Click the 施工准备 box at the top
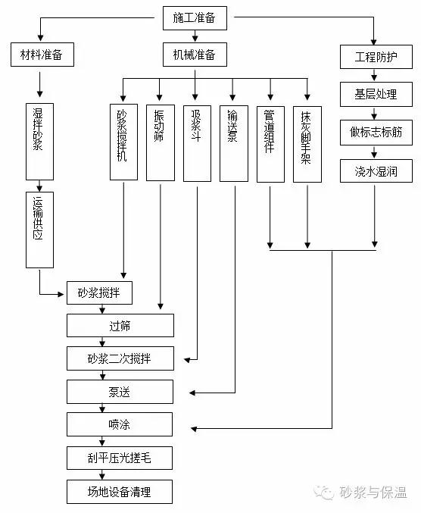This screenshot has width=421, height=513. [x=195, y=18]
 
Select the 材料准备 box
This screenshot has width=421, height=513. [x=42, y=55]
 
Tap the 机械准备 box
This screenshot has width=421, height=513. [x=195, y=55]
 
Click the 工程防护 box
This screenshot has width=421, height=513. [x=376, y=57]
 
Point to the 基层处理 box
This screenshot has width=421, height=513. [x=376, y=94]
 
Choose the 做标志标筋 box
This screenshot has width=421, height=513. [x=376, y=132]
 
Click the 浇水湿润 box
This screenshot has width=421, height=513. [x=376, y=170]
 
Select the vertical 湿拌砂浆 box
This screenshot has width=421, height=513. [x=39, y=142]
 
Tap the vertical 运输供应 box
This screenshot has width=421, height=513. [x=39, y=230]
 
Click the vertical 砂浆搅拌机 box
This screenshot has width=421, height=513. [x=123, y=142]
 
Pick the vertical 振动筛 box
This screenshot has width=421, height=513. [x=161, y=142]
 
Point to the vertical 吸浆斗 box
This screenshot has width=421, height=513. [x=197, y=143]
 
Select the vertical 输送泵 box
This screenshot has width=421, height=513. [x=234, y=143]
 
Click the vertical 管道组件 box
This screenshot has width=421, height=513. [x=270, y=144]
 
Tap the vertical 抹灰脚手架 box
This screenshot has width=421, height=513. [x=307, y=144]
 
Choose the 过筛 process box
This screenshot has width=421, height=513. [x=120, y=326]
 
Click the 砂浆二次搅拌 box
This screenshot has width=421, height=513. [x=120, y=358]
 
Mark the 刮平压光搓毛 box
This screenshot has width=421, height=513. [x=120, y=458]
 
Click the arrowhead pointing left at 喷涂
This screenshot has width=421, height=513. [x=194, y=429]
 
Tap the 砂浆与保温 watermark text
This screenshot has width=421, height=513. [x=373, y=492]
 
